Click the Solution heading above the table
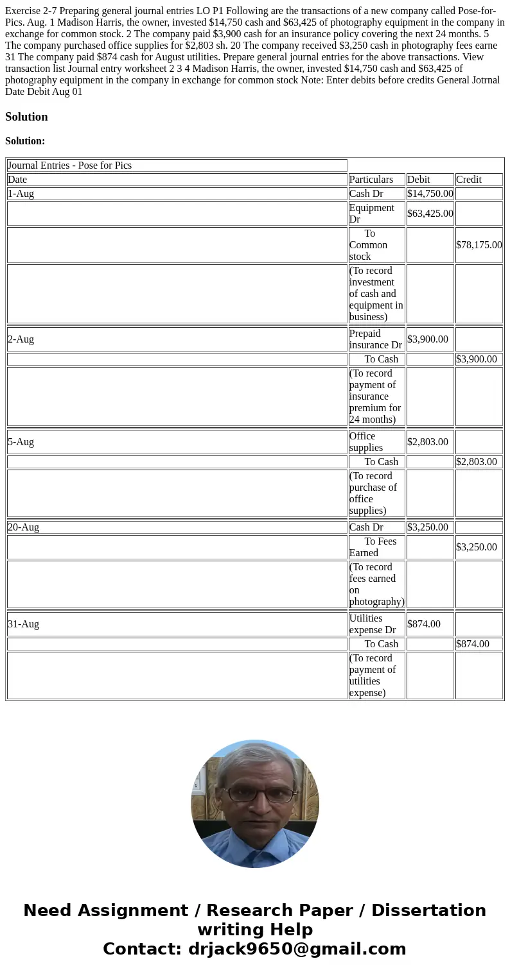26,117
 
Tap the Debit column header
418,180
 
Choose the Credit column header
469,180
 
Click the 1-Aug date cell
21,194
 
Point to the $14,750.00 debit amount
430,194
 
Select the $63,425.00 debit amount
430,214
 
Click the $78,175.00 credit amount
479,245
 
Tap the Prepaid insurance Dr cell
376,339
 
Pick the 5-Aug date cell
21,442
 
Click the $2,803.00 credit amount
476,462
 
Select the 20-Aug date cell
24,527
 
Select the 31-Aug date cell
24,624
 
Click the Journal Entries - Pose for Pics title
70,166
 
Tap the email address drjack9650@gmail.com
297,949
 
